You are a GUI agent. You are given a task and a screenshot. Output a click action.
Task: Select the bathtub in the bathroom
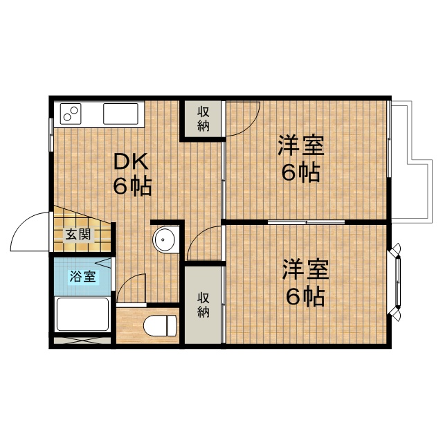tap(82, 314)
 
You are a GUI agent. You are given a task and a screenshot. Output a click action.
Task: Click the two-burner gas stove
tap(71, 114)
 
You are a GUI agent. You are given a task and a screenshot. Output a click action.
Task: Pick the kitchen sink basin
tap(120, 114)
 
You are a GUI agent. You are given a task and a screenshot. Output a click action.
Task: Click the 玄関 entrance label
tap(78, 235)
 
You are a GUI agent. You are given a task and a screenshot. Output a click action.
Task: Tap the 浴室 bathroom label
tap(82, 276)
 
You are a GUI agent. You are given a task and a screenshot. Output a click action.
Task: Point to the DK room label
tap(131, 161)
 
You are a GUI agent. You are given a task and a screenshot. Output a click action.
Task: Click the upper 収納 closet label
tap(203, 118)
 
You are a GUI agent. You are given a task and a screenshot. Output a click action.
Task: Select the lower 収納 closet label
tap(203, 305)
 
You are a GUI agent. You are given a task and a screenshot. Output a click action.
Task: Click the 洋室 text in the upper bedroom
tap(301, 145)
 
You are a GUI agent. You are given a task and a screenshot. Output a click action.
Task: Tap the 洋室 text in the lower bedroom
tap(306, 269)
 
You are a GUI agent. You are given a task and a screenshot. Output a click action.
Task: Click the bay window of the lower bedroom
tap(397, 282)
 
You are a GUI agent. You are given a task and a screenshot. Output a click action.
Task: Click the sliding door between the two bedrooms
tap(306, 222)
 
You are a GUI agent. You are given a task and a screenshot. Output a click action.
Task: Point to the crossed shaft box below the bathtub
tap(82, 340)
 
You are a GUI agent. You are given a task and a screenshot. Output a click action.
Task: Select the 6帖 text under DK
tap(132, 186)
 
